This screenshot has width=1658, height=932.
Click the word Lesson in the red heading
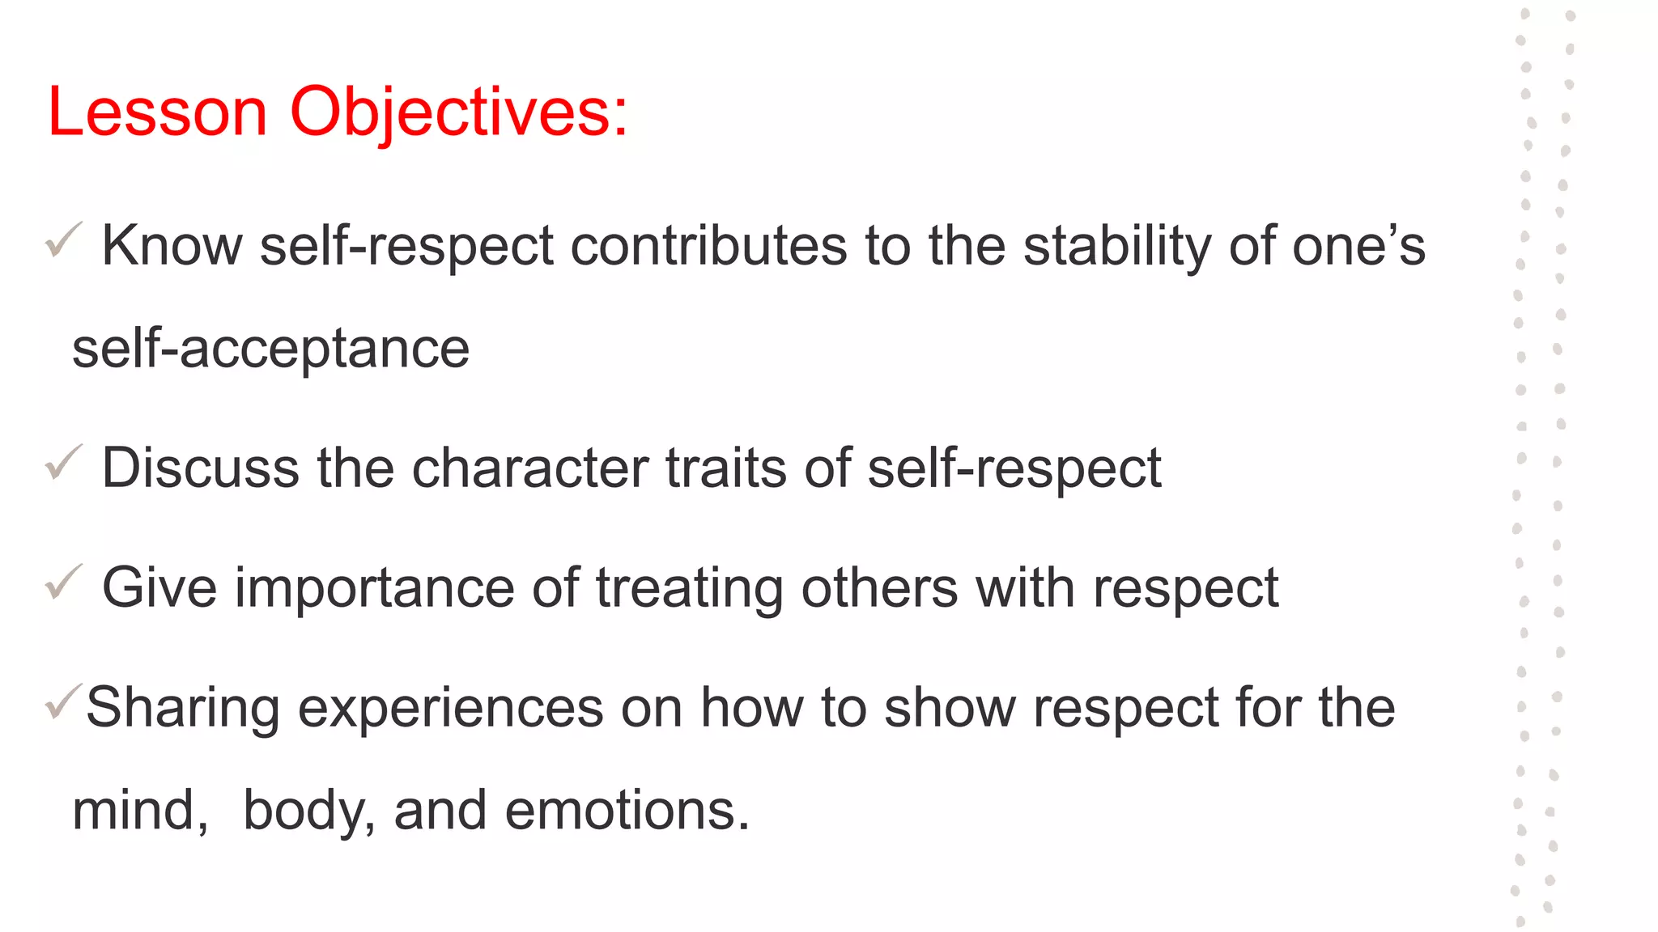tap(157, 112)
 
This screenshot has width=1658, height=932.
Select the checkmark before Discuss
tap(64, 462)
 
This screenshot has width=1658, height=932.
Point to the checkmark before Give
tap(64, 582)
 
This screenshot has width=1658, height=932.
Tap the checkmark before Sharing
tap(64, 701)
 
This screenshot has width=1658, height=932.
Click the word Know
tap(172, 245)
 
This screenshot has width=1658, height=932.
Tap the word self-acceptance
tap(270, 349)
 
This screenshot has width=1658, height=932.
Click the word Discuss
tap(200, 468)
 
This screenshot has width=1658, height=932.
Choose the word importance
tap(375, 588)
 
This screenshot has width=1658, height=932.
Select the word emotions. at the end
tap(627, 811)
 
